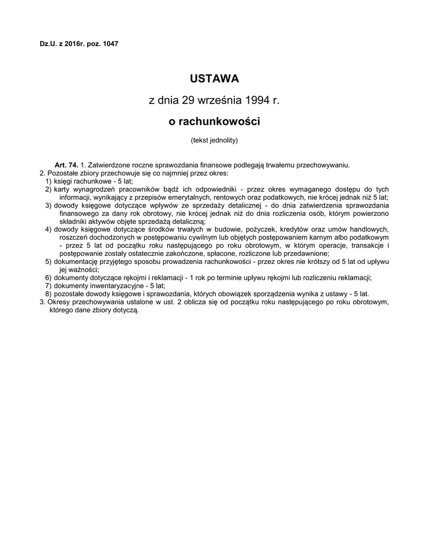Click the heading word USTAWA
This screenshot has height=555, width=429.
(214, 79)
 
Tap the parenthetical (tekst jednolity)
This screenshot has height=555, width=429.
(214, 140)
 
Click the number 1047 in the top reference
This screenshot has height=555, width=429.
(110, 43)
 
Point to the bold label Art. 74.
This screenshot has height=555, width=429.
(66, 165)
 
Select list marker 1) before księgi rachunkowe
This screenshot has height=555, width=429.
(49, 181)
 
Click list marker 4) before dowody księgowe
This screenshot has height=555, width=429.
(49, 229)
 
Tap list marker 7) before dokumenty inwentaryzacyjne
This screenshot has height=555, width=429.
(49, 286)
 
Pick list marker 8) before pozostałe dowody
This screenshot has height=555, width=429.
(49, 294)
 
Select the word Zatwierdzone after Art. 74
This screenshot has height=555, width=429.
(107, 165)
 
